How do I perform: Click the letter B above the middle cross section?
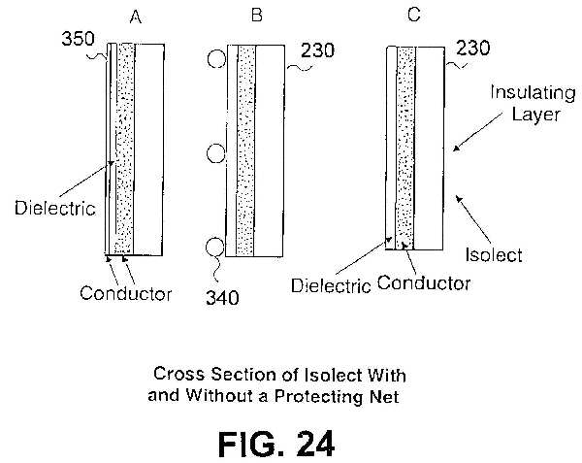(256, 16)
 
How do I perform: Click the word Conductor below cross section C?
(424, 282)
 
